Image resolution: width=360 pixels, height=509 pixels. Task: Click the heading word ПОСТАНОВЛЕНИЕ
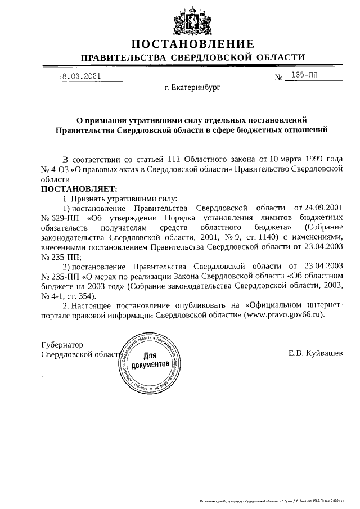tap(193, 44)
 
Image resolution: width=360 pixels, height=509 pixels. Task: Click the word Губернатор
tap(62, 344)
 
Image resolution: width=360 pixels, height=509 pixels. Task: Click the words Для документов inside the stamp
tap(150, 361)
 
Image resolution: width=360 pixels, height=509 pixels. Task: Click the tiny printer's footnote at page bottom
tap(272, 500)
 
